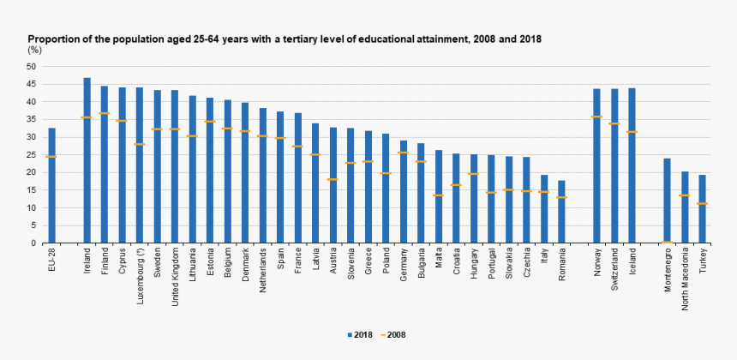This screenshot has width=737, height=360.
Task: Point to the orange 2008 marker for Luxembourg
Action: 140,144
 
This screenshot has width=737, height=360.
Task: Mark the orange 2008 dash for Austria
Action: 333,179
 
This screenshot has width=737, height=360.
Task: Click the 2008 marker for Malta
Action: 438,195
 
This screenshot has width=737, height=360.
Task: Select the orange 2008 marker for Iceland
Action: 632,132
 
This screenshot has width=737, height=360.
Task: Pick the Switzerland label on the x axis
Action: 614,268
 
